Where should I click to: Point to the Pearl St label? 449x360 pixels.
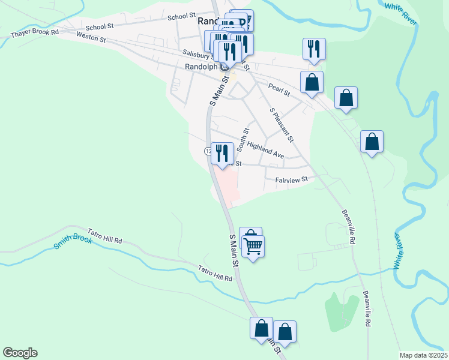pyautogui.click(x=279, y=89)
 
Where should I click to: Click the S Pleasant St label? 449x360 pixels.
pyautogui.click(x=282, y=125)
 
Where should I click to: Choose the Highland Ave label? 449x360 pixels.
pyautogui.click(x=265, y=150)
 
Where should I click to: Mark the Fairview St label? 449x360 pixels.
pyautogui.click(x=291, y=179)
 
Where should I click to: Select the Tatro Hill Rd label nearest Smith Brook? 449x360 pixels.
pyautogui.click(x=105, y=236)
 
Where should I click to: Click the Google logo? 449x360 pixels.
pyautogui.click(x=20, y=353)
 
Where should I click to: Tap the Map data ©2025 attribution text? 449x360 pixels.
pyautogui.click(x=423, y=355)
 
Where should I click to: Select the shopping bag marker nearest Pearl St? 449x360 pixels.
pyautogui.click(x=312, y=82)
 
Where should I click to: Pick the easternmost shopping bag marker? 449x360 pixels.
pyautogui.click(x=372, y=142)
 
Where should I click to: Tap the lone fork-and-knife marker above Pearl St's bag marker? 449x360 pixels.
pyautogui.click(x=314, y=49)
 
